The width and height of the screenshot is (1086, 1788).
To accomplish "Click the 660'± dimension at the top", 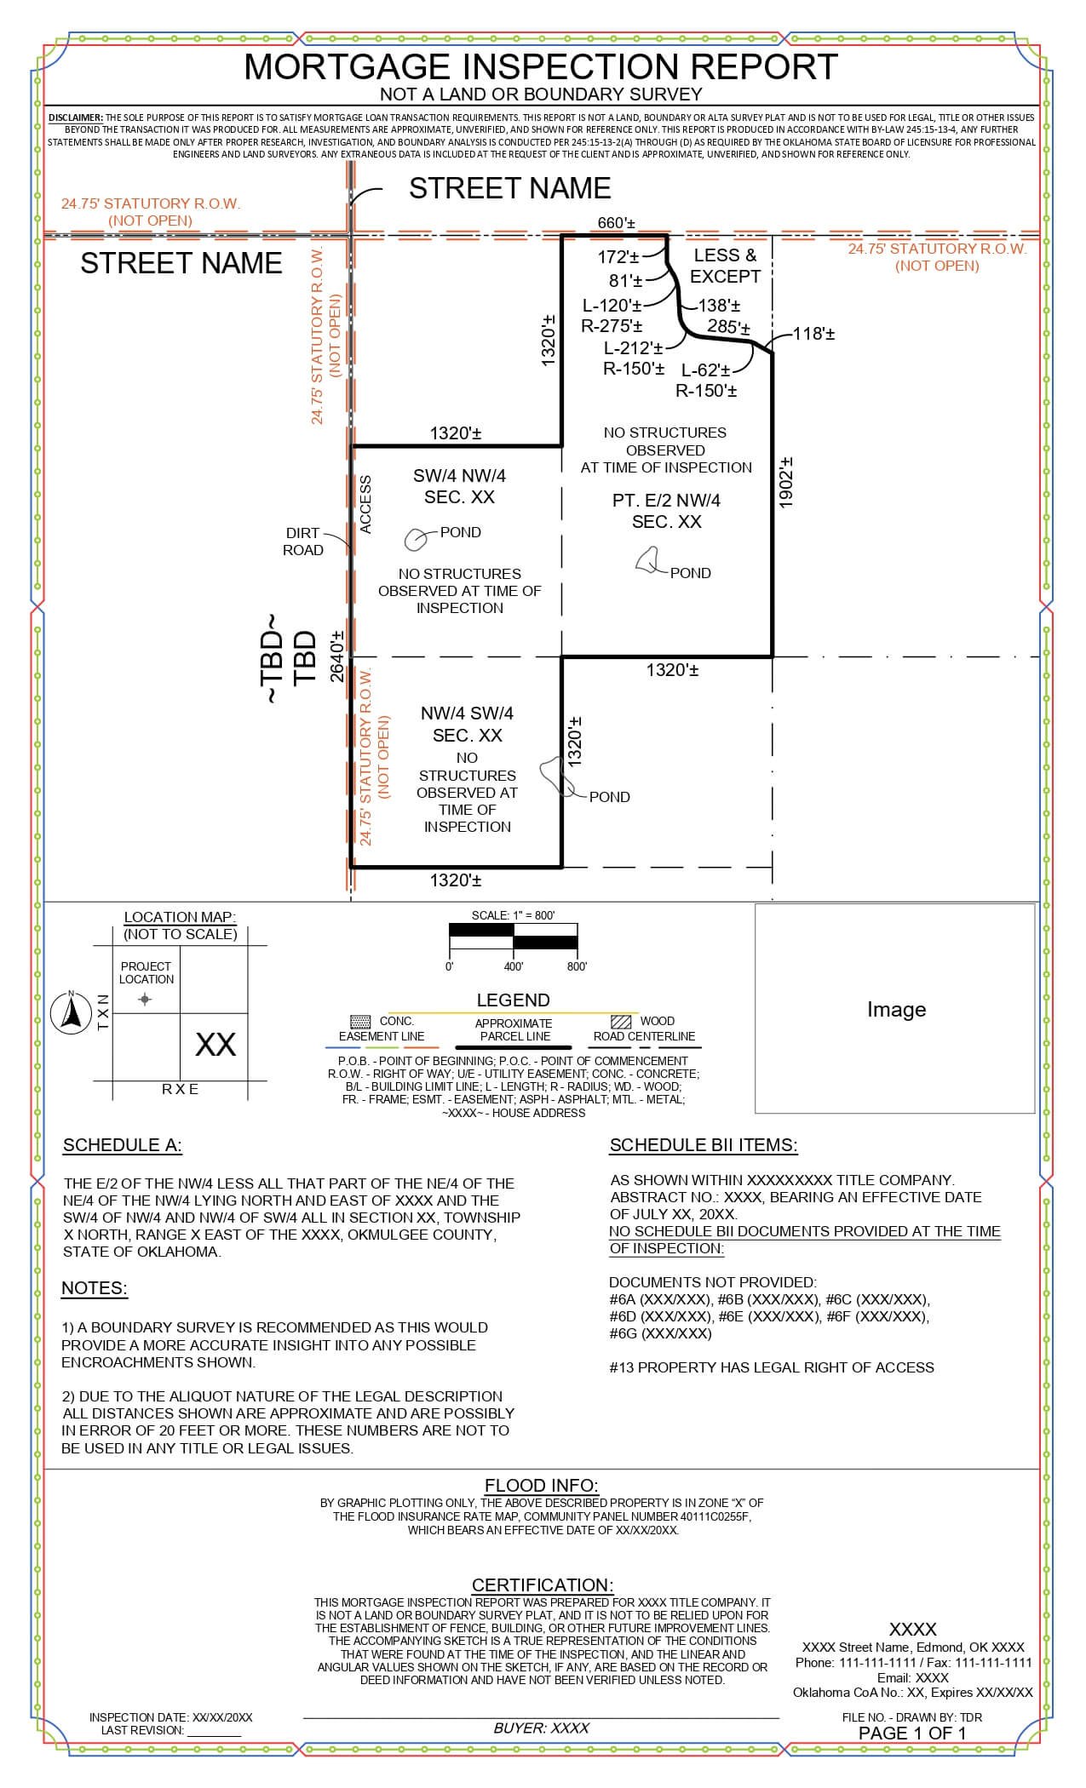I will pyautogui.click(x=616, y=223).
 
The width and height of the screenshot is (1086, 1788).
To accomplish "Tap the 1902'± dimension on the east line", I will pyautogui.click(x=786, y=483).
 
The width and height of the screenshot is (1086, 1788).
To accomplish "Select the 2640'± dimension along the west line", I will pyautogui.click(x=337, y=656).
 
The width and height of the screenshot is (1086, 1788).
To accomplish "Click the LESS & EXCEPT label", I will pyautogui.click(x=725, y=266).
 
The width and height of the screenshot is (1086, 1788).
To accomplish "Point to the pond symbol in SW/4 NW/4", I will pyautogui.click(x=416, y=538).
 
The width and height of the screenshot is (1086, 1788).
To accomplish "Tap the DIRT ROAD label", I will pyautogui.click(x=302, y=542).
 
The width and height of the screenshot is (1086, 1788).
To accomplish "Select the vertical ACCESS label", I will pyautogui.click(x=366, y=505).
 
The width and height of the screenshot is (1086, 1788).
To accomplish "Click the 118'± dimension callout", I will pyautogui.click(x=813, y=334).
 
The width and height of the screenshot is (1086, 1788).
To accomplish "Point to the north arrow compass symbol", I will pyautogui.click(x=72, y=1012).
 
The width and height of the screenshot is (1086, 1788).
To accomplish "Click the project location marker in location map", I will pyautogui.click(x=145, y=1000).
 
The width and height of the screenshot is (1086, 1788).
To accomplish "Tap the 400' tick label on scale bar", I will pyautogui.click(x=513, y=967).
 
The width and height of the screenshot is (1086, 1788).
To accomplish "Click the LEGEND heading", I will pyautogui.click(x=513, y=1000).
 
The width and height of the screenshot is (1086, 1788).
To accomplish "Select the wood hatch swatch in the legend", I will pyautogui.click(x=622, y=1021).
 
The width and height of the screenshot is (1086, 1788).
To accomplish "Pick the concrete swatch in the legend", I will pyautogui.click(x=360, y=1021).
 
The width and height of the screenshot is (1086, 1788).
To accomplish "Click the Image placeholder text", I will pyautogui.click(x=895, y=1009).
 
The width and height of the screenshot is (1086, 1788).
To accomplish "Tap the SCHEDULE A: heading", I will pyautogui.click(x=122, y=1145).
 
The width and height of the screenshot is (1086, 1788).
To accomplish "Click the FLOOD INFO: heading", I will pyautogui.click(x=541, y=1486).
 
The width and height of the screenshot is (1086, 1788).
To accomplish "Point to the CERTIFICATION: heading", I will pyautogui.click(x=543, y=1585).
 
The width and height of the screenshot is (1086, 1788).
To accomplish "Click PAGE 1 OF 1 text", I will pyautogui.click(x=911, y=1733).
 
